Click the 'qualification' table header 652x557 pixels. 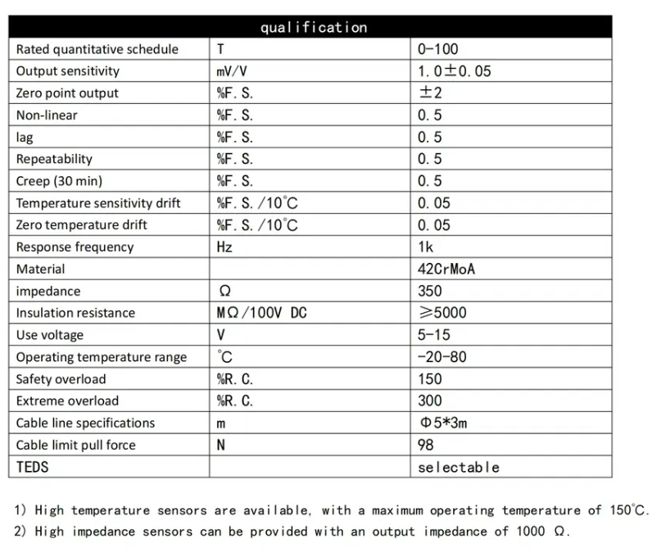314,27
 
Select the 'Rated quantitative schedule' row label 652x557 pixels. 97,49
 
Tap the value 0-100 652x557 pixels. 438,49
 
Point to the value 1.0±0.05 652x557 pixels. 455,71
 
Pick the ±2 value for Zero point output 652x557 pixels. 430,93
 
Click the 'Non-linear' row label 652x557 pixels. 47,115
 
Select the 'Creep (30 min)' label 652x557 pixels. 59,181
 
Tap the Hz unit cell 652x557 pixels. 224,247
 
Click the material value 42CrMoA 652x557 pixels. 446,269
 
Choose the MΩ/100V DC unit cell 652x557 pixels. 261,313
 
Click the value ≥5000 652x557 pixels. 441,313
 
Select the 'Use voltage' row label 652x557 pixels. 49,335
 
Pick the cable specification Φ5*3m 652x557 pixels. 443,423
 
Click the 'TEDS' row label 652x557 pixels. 33,467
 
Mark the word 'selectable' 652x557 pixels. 458,467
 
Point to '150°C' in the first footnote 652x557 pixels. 627,509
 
